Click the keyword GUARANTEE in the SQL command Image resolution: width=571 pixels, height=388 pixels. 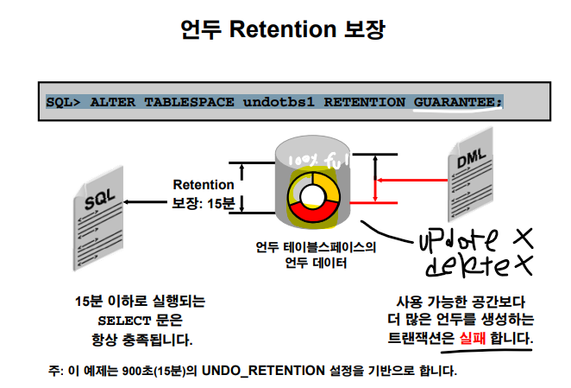point(456,101)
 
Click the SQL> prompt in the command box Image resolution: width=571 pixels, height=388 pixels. point(63,101)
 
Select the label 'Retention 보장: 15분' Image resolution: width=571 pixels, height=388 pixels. point(203,194)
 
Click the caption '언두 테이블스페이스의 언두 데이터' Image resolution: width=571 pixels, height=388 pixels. point(316,255)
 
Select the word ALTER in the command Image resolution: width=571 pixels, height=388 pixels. point(107,101)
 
